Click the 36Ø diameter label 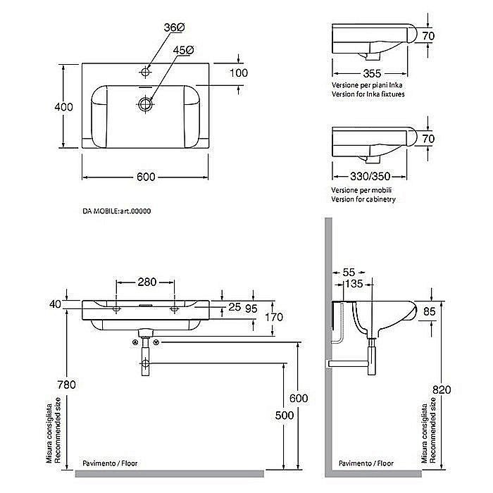click(x=174, y=27)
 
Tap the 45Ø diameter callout click(x=183, y=50)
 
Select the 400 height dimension click(x=63, y=107)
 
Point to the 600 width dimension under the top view click(x=146, y=177)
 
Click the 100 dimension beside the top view click(x=239, y=73)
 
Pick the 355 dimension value click(x=372, y=73)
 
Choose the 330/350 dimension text click(x=370, y=176)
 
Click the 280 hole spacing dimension click(x=146, y=282)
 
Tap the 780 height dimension click(x=66, y=385)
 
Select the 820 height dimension click(x=442, y=390)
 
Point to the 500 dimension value click(x=285, y=416)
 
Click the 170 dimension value click(x=274, y=317)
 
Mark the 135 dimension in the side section click(x=354, y=284)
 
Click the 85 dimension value click(x=430, y=311)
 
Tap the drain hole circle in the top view click(x=145, y=104)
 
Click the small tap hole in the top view click(x=145, y=72)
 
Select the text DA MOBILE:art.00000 click(x=117, y=211)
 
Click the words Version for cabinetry click(x=363, y=199)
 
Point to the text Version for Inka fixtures click(x=368, y=94)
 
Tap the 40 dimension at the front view click(x=56, y=304)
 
